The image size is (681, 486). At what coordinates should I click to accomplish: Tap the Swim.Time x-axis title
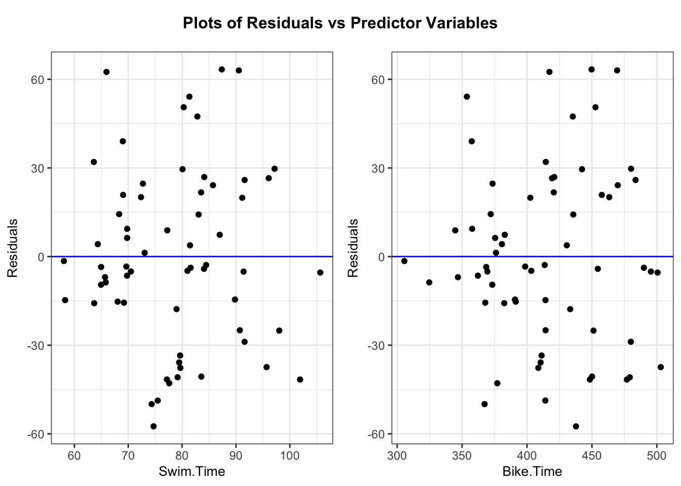pyautogui.click(x=192, y=472)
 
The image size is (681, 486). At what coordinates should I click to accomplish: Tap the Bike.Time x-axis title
pyautogui.click(x=532, y=472)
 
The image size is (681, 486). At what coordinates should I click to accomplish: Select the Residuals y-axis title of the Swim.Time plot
pyautogui.click(x=13, y=248)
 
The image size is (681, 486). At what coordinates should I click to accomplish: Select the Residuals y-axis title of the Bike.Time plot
pyautogui.click(x=353, y=248)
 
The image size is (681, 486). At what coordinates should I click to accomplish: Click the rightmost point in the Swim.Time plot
pyautogui.click(x=320, y=272)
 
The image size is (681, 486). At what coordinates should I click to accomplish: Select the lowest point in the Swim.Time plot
pyautogui.click(x=154, y=426)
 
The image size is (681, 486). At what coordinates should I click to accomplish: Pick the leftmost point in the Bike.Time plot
pyautogui.click(x=404, y=261)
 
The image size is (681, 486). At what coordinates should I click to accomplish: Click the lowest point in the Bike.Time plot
pyautogui.click(x=576, y=426)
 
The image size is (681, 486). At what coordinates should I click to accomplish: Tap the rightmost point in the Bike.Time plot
pyautogui.click(x=661, y=367)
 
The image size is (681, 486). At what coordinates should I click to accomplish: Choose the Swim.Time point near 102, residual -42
pyautogui.click(x=300, y=379)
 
